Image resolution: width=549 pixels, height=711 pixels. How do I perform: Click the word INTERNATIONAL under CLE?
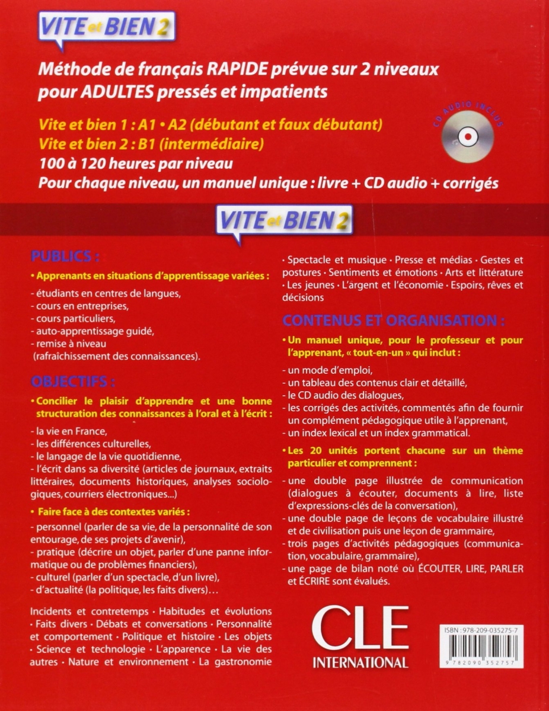click(x=360, y=661)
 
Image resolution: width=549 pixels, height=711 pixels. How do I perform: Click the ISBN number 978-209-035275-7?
click(x=496, y=632)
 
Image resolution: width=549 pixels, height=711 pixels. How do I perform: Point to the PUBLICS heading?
click(x=65, y=257)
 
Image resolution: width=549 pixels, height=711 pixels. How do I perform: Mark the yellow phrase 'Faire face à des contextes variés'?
click(x=116, y=511)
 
